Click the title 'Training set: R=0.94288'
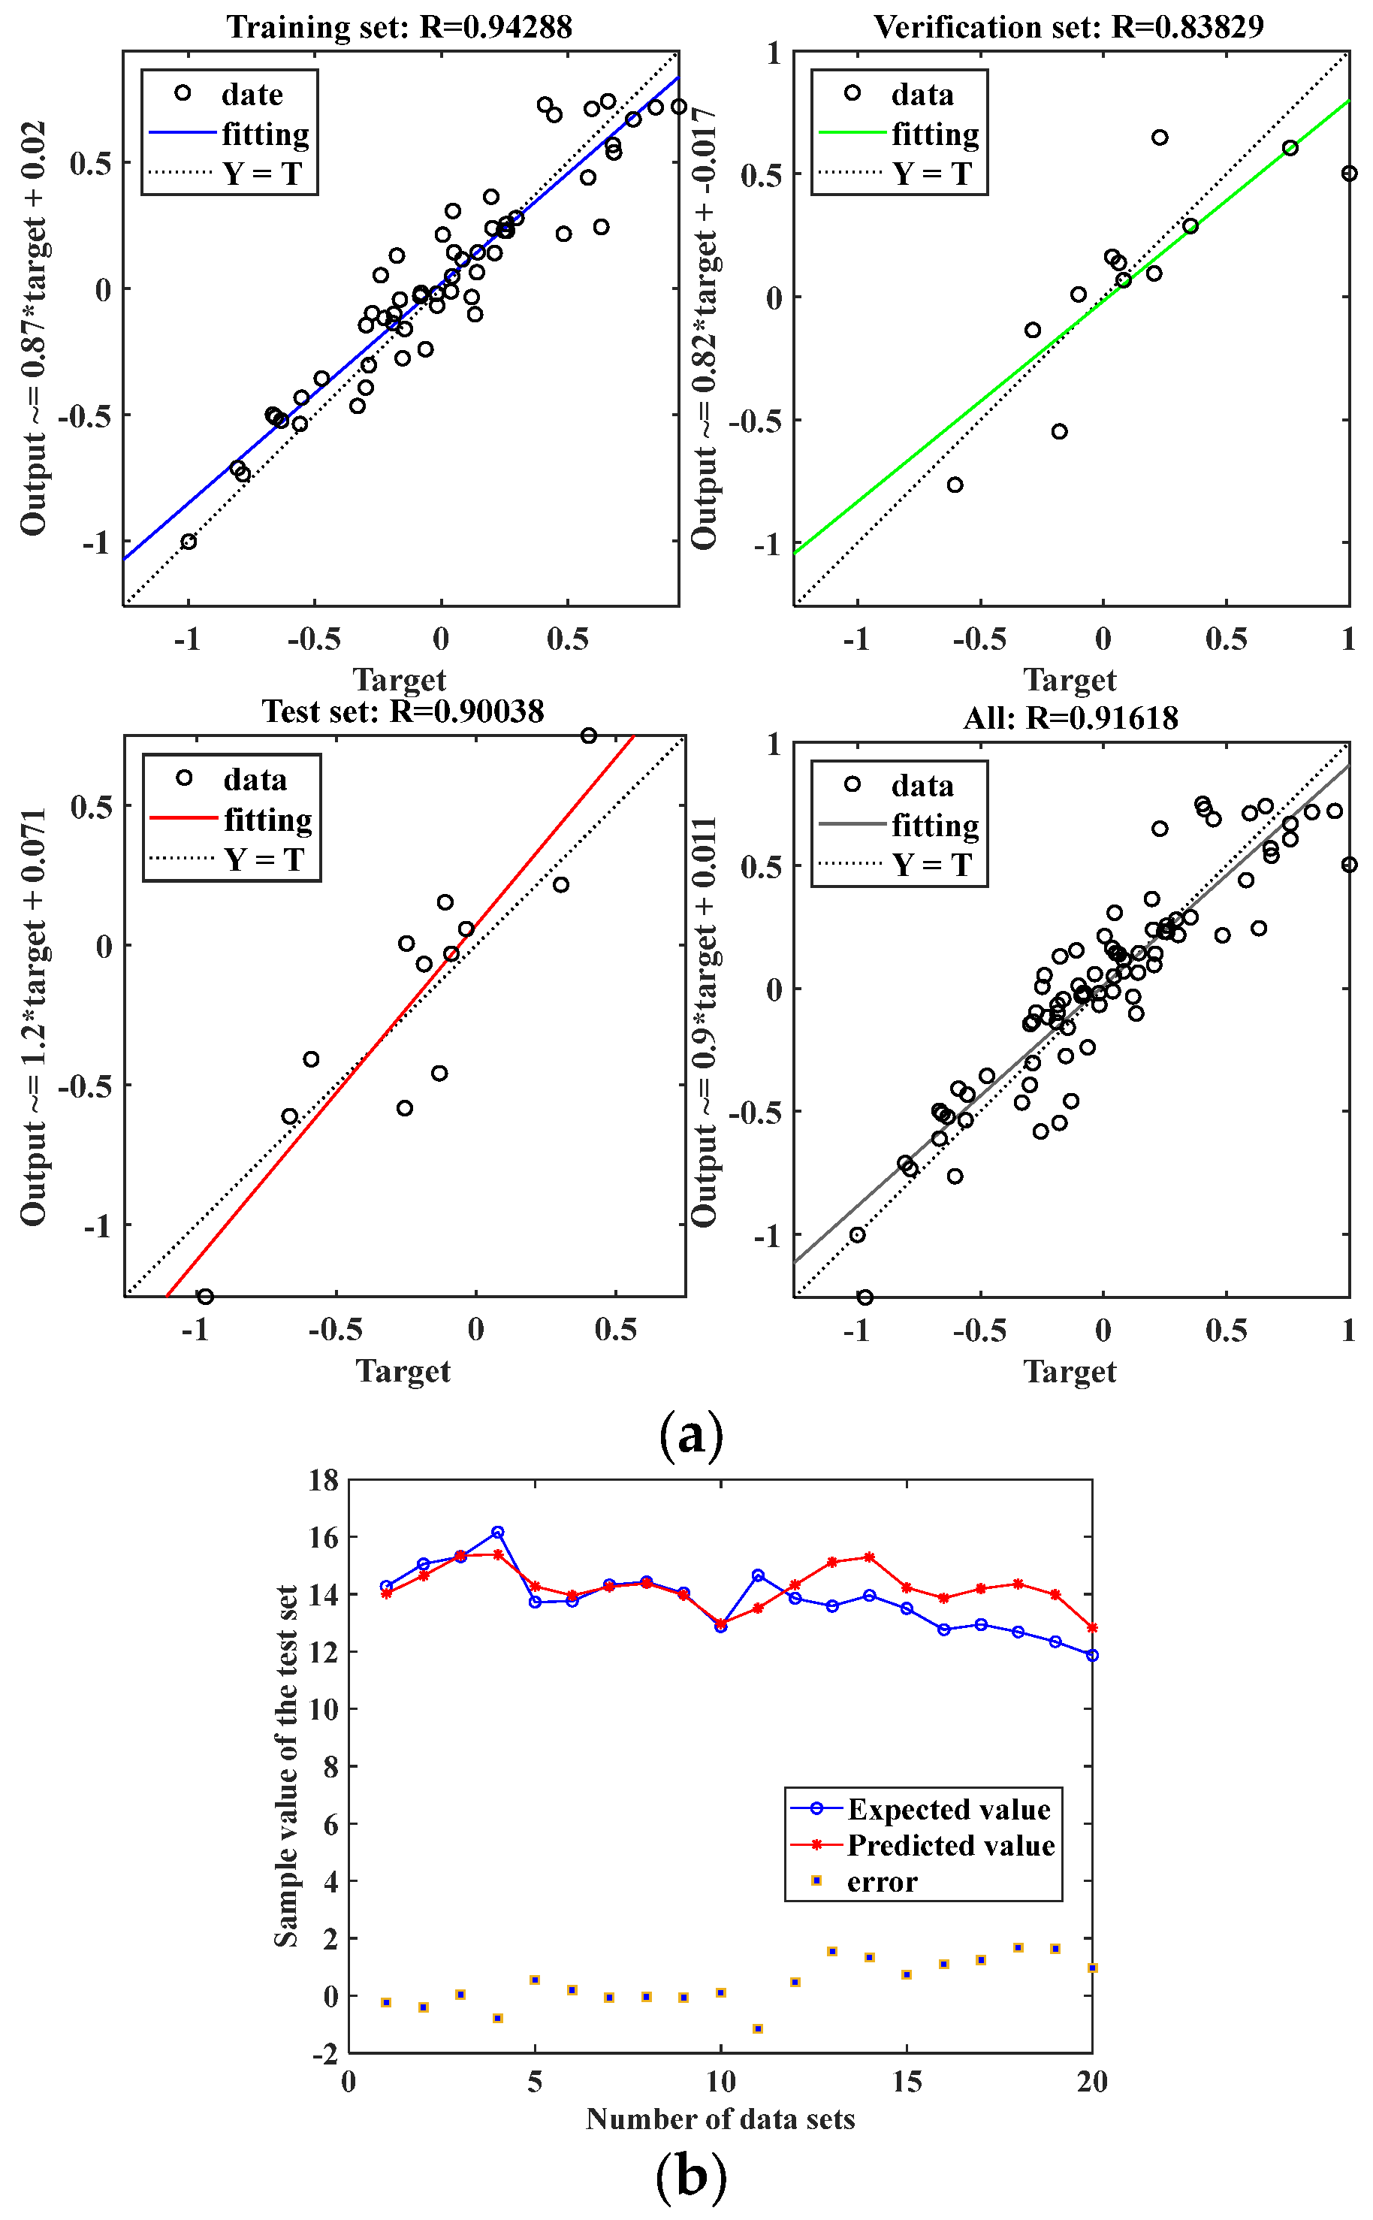coord(400,27)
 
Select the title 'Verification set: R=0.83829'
coord(1069,27)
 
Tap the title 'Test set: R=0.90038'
coord(403,711)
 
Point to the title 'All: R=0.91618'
coord(1070,718)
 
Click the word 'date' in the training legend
coord(252,95)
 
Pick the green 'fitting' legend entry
coord(934,134)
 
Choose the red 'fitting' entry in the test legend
coord(268,820)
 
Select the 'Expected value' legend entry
coord(948,1809)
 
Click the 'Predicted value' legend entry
coord(950,1846)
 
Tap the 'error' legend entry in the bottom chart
coord(882,1882)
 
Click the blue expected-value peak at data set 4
coord(498,1533)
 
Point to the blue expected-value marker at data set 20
coord(1092,1655)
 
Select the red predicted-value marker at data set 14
coord(869,1557)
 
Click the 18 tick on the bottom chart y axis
coord(323,1481)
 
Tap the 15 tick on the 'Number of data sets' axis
coord(907,2082)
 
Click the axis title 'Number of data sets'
coord(720,2119)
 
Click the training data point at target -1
coord(188,542)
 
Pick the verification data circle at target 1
coord(1350,174)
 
